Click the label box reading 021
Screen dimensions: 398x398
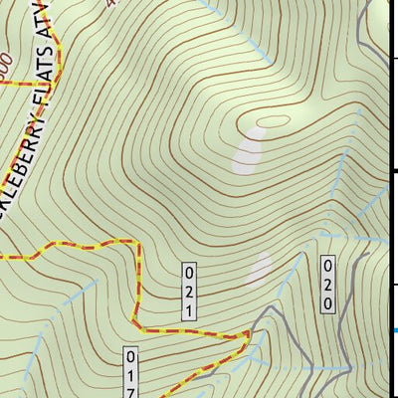pos(187,292)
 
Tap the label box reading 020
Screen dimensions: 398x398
pos(326,285)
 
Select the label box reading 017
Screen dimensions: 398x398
pos(130,372)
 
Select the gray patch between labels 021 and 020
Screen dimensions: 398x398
pos(260,269)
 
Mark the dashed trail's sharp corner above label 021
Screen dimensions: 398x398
pos(133,242)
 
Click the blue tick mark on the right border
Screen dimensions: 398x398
pos(394,330)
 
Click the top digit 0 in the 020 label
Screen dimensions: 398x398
pos(326,266)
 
